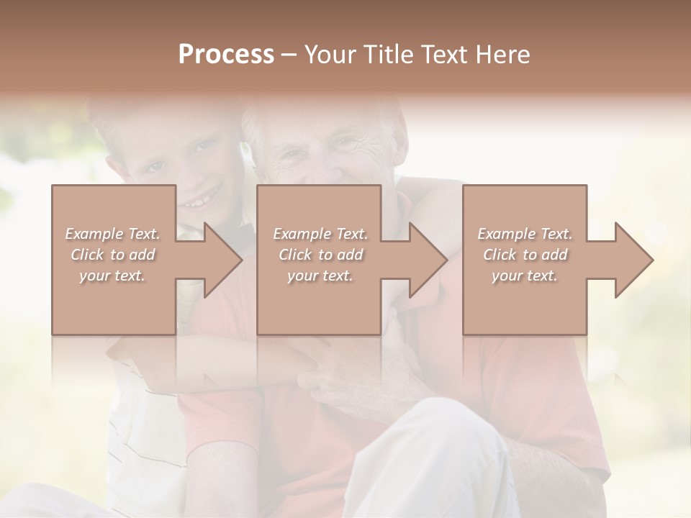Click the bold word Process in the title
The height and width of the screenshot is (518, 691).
click(x=226, y=55)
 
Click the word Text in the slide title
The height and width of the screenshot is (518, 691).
click(x=444, y=55)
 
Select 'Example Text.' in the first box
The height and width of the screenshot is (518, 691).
click(x=112, y=234)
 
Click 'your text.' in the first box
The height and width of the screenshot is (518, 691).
click(x=112, y=276)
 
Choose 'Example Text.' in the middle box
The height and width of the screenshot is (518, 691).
click(x=320, y=234)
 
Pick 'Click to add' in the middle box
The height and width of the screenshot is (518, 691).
click(x=320, y=255)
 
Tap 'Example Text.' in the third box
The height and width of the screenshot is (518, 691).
click(x=525, y=234)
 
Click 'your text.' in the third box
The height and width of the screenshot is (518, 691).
click(x=525, y=276)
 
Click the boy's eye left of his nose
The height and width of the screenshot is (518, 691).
click(x=156, y=168)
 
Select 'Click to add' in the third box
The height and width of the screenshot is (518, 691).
click(x=525, y=255)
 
